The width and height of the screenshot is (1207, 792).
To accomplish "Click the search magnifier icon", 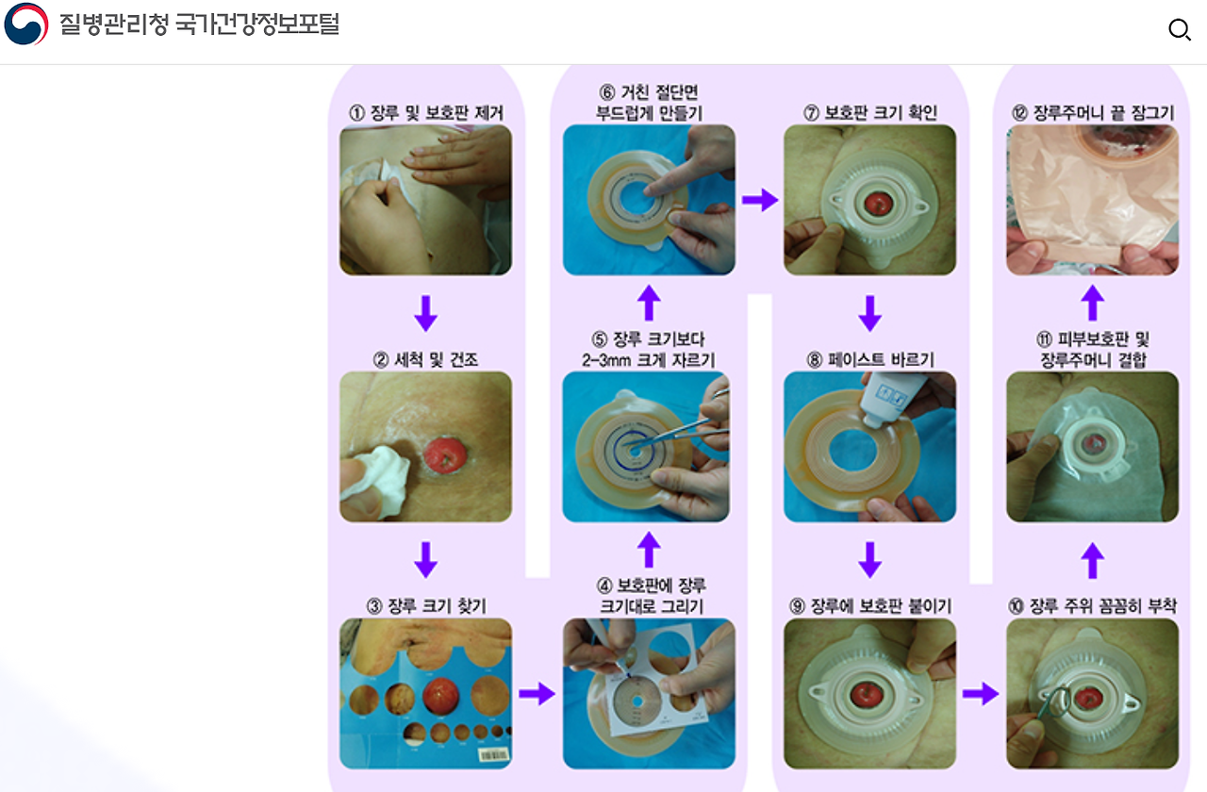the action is coord(1179,29).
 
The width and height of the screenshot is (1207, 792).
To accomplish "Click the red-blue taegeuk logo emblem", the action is coord(25,24).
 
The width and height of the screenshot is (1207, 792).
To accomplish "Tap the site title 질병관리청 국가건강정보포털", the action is coord(199,25).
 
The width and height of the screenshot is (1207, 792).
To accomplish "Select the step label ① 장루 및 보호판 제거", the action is coord(426,113).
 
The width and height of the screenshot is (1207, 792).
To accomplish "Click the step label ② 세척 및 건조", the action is coord(425,359).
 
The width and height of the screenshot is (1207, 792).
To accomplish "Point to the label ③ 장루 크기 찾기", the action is coord(426,606).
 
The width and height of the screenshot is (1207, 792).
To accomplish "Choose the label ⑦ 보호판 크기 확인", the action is coord(870,113).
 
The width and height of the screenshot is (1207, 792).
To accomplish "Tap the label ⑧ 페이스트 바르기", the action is coord(870,359).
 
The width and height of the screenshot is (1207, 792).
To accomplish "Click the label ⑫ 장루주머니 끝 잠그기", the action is coord(1093,113).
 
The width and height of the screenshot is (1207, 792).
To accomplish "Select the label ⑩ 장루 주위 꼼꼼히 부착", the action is coord(1093,606).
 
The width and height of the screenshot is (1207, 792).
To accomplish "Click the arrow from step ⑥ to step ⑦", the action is coord(760,201).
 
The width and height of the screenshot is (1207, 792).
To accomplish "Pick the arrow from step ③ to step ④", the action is coord(537,693).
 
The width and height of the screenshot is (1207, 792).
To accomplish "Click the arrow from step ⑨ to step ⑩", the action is coord(981,693).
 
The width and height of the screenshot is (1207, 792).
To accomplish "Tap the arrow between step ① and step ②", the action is coord(425,313).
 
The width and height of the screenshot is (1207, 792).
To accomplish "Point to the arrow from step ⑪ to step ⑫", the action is coord(1093,303).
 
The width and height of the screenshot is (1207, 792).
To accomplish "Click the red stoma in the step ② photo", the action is coord(444,455).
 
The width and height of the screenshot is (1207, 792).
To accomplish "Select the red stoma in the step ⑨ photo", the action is coord(867,694).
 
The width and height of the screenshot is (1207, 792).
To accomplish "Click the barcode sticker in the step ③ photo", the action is coord(493,755).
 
